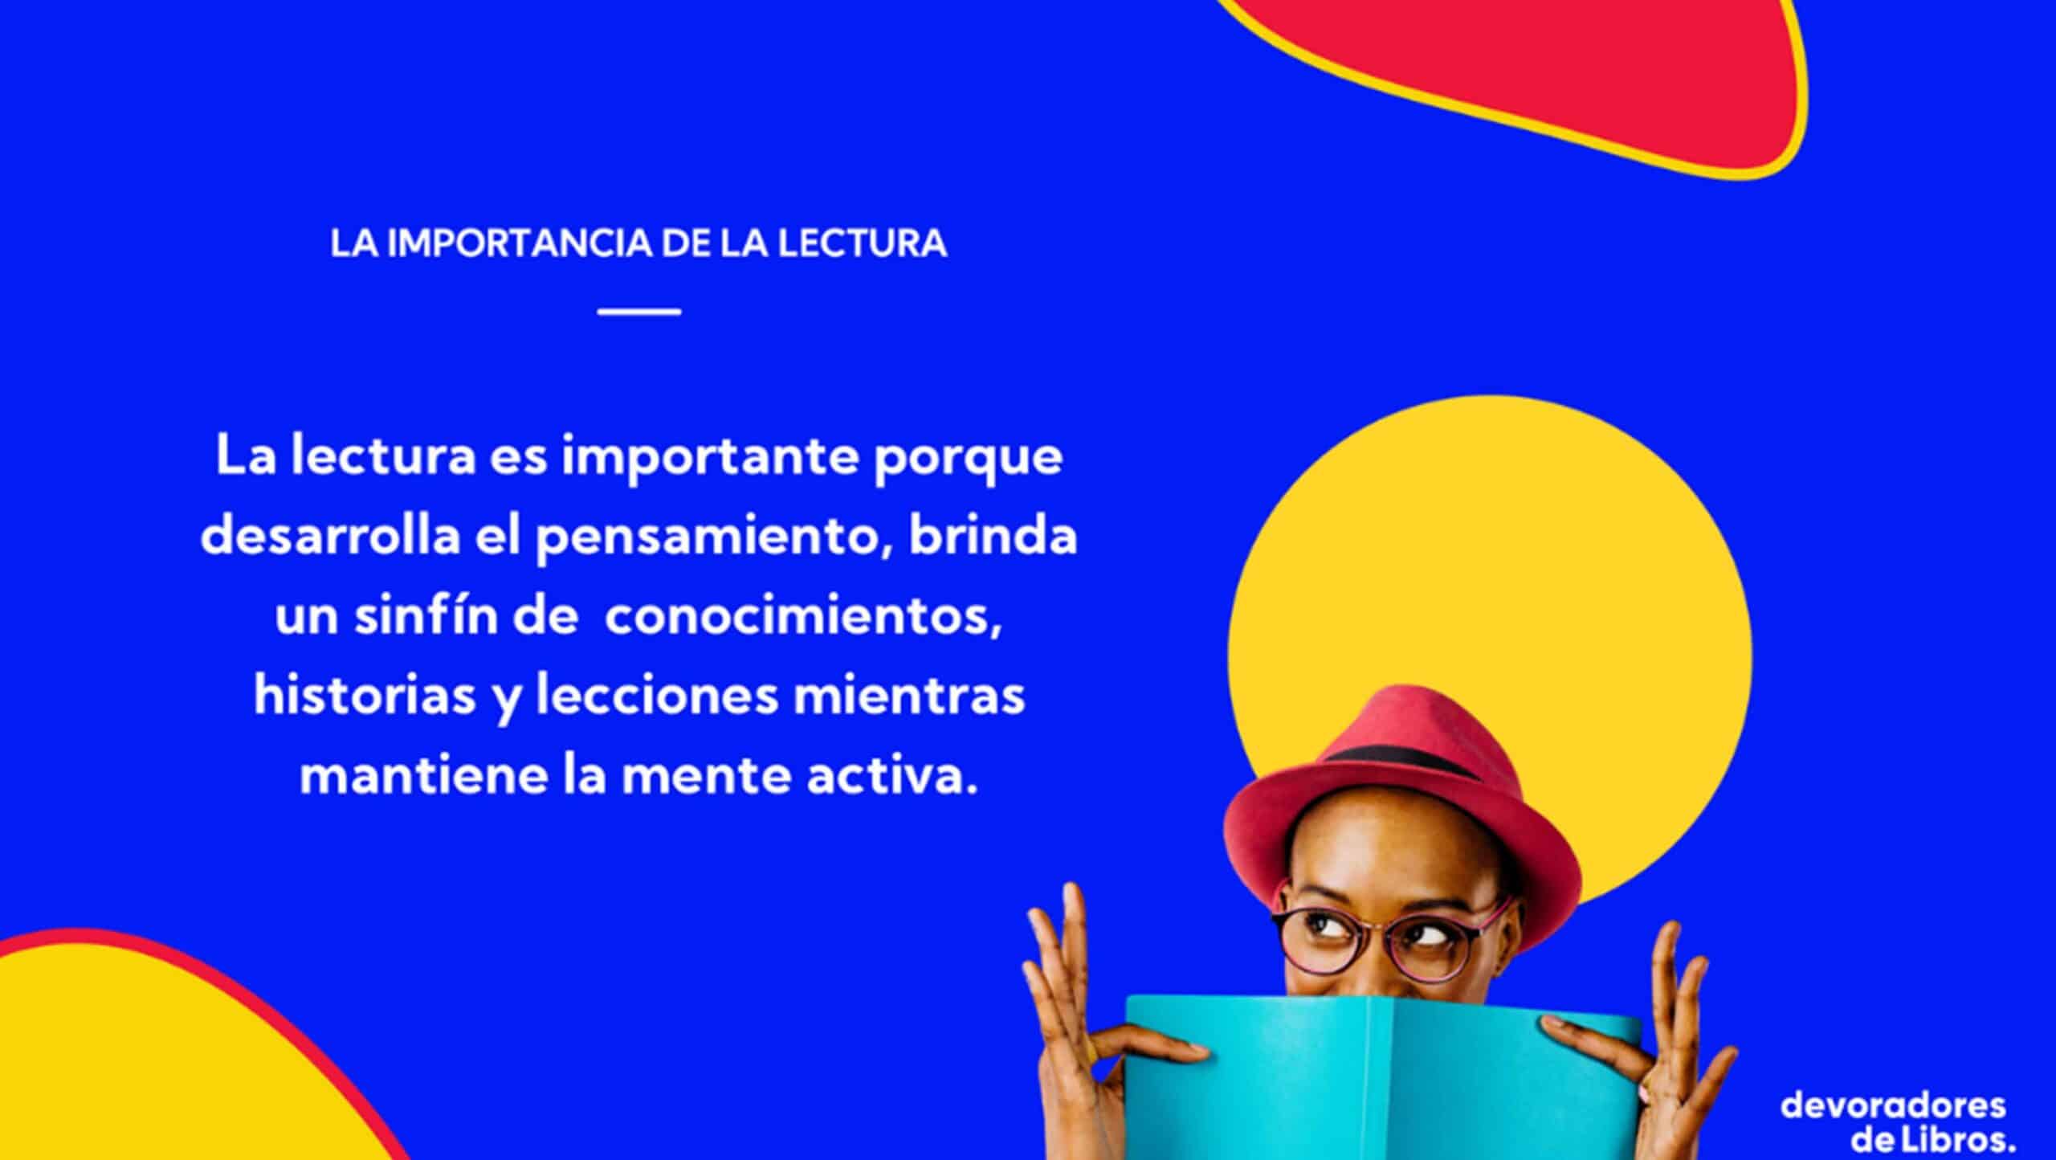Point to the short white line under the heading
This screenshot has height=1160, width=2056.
click(639, 312)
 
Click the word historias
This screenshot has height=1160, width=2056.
click(365, 696)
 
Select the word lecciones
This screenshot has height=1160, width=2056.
click(657, 696)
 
